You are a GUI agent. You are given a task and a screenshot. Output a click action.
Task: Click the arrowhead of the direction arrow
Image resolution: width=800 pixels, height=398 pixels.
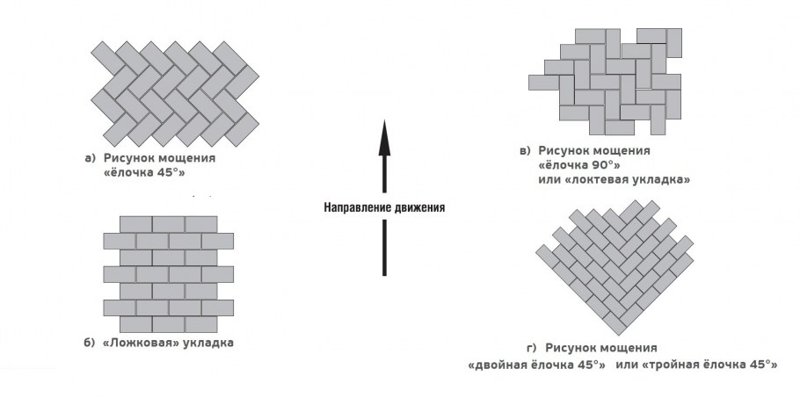[x=384, y=138]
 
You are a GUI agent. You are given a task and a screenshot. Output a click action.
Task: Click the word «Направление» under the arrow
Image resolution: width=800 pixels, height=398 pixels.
[x=358, y=207]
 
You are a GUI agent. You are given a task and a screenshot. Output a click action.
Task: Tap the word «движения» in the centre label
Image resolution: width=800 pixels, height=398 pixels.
[x=419, y=207]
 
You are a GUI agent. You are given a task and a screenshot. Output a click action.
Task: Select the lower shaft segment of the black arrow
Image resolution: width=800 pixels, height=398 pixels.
[x=384, y=248]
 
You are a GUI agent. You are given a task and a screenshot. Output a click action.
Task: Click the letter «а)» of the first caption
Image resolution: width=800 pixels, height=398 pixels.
[x=91, y=158]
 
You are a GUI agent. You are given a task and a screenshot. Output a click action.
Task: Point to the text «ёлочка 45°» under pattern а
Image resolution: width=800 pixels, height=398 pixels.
[x=144, y=172]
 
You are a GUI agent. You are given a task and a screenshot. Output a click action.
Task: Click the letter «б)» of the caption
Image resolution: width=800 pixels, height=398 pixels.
[x=90, y=343]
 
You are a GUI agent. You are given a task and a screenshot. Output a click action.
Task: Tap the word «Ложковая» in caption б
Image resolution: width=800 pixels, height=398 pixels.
[x=142, y=343]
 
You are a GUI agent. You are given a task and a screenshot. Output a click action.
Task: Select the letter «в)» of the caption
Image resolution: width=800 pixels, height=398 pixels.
[x=525, y=151]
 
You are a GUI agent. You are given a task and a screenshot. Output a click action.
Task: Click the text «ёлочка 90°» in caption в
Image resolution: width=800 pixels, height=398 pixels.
[x=579, y=165]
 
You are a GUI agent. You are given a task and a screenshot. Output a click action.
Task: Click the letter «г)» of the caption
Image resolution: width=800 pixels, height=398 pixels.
[x=531, y=348]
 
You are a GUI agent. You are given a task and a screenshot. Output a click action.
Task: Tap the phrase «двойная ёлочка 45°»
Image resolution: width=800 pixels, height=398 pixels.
[x=537, y=365]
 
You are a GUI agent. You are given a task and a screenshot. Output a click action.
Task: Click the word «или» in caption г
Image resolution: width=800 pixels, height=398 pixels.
[x=626, y=365]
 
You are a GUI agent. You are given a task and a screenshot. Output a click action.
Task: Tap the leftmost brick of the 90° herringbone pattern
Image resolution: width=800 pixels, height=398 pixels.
[x=544, y=82]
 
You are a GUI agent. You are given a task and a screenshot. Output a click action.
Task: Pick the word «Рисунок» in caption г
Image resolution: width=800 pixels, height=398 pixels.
[x=571, y=348]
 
